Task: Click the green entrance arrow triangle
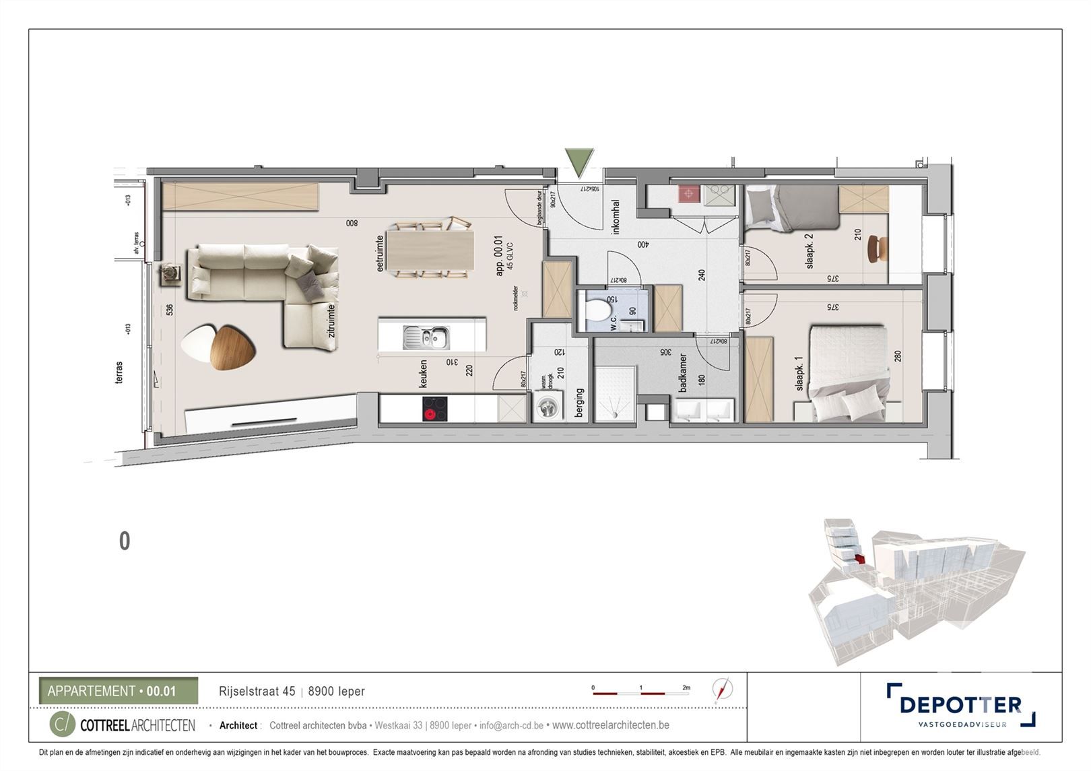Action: tap(578, 162)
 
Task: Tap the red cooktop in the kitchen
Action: tap(434, 409)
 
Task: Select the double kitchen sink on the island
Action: tap(427, 337)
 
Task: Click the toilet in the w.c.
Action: tap(598, 310)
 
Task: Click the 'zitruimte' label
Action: tap(331, 323)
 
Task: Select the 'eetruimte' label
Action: tap(380, 253)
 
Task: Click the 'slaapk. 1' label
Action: tap(799, 374)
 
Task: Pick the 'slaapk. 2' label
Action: tap(809, 251)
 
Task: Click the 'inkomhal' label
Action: tap(616, 217)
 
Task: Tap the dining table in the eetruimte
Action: tap(431, 250)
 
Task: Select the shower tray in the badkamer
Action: tap(614, 394)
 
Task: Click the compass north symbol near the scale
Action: tap(723, 690)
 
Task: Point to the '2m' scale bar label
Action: tap(686, 688)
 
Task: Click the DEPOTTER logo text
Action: tap(960, 705)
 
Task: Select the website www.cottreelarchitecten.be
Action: tap(610, 725)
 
